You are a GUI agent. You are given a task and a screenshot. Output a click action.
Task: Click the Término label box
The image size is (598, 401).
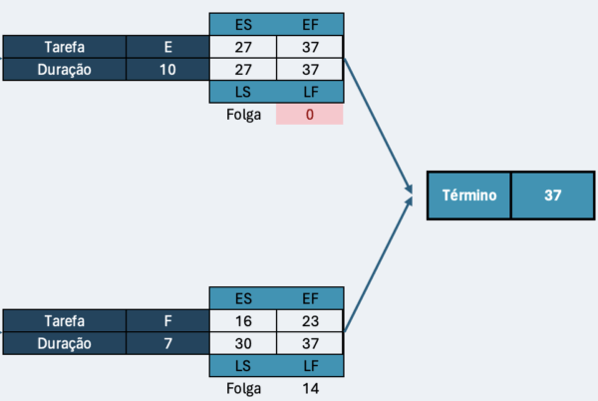tap(468, 196)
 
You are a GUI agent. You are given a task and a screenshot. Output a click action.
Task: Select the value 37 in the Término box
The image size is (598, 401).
tap(553, 196)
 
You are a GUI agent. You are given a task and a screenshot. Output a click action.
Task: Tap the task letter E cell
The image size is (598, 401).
tap(167, 47)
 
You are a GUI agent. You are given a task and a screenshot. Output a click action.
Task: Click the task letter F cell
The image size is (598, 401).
tap(167, 321)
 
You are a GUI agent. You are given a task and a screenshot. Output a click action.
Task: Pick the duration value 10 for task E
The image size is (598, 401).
tap(167, 70)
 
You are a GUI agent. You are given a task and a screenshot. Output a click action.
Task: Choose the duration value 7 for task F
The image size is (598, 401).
tap(167, 343)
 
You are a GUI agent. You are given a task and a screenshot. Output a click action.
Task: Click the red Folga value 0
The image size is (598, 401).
tap(310, 115)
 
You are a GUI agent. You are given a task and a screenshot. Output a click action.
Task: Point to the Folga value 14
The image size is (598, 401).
tap(310, 388)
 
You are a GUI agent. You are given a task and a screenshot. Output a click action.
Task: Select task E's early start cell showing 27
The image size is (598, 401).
tap(242, 47)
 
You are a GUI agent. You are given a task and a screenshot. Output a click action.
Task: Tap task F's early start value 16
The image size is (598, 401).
tap(242, 321)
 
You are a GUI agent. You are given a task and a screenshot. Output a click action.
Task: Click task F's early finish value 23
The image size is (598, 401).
tap(310, 321)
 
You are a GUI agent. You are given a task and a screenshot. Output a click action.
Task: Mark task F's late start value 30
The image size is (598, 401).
tap(242, 343)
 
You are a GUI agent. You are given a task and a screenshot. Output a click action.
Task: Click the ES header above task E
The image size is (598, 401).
tap(242, 24)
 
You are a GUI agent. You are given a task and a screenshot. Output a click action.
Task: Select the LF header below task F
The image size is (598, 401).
tap(310, 366)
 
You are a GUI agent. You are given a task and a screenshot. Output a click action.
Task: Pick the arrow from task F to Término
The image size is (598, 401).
tap(379, 264)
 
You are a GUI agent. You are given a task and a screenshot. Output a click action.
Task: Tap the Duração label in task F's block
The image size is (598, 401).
tap(63, 343)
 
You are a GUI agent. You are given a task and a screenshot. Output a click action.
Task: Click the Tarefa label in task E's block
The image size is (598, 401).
tap(63, 47)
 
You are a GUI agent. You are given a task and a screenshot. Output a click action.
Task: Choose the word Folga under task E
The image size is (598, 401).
tap(242, 115)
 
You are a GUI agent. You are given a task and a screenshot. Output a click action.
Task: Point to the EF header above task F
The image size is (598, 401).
tap(310, 298)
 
